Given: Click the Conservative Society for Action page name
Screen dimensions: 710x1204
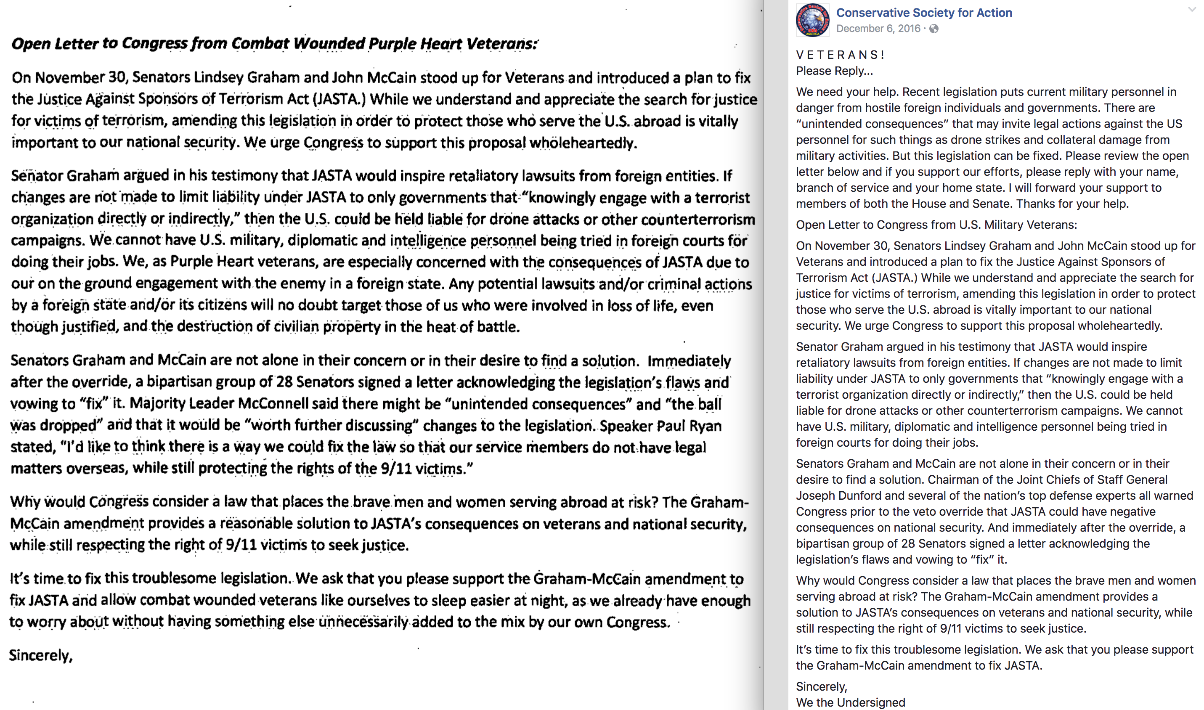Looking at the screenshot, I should point(923,13).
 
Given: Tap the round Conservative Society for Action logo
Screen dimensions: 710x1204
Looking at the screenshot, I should point(812,20).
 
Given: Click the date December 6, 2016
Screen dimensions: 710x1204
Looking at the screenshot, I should point(878,29).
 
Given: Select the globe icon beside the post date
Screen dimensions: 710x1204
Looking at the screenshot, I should point(933,29).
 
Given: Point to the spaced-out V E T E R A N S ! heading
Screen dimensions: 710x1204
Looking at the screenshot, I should point(840,55).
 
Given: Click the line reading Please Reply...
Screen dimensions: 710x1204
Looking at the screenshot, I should point(834,71).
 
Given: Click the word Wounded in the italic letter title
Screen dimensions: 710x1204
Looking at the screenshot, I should point(330,44).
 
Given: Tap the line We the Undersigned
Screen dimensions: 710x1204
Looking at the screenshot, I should point(850,702).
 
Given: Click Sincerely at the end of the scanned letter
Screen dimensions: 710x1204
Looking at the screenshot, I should point(41,655).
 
